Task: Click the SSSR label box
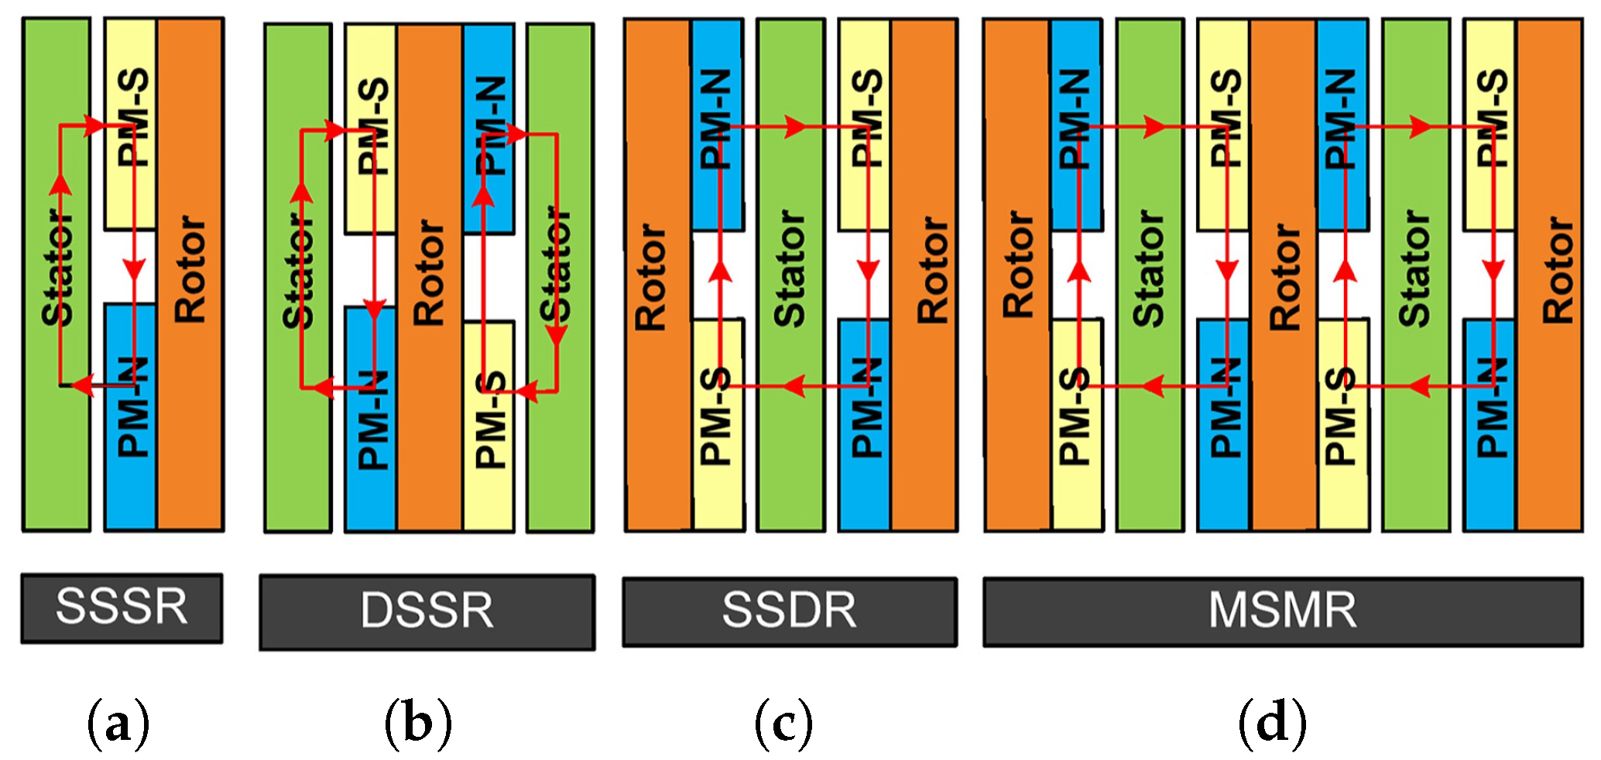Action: coord(122,608)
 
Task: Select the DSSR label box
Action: coord(427,611)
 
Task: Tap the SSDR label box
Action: coord(789,611)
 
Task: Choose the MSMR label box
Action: coord(1282,611)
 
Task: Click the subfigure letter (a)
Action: coord(118,724)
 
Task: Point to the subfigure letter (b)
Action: coord(418,724)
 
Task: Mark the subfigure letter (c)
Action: coord(783,724)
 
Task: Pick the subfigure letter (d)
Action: coord(1272,724)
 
